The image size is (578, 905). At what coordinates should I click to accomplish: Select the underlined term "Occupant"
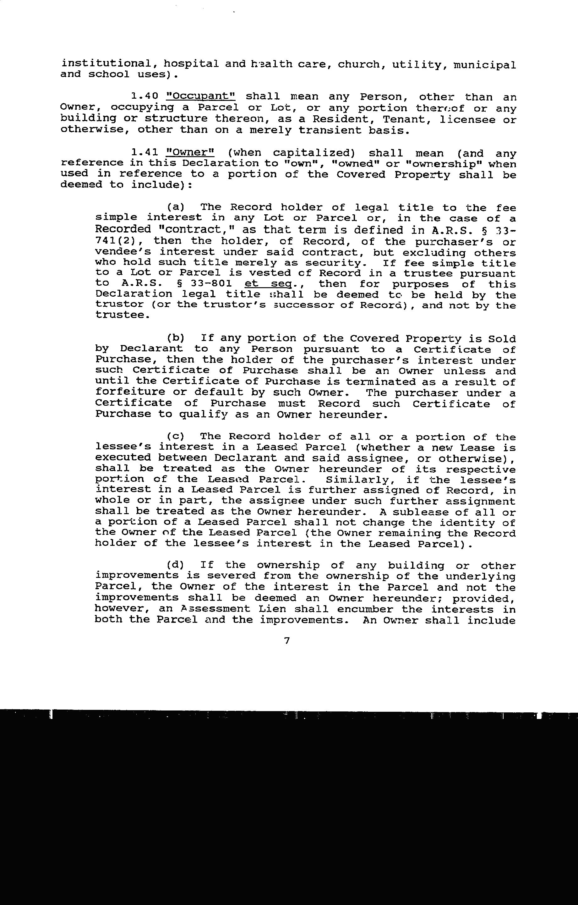(x=201, y=96)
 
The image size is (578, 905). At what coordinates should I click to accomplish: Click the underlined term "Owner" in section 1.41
(x=190, y=153)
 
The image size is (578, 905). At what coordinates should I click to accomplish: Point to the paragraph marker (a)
(x=176, y=207)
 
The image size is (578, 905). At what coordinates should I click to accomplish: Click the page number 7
(x=287, y=640)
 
